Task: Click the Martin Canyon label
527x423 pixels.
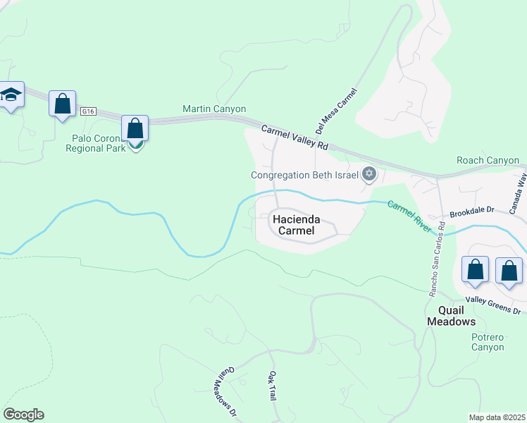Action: point(214,109)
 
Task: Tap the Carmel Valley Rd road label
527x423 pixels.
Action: point(294,137)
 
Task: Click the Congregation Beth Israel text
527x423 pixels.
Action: point(305,176)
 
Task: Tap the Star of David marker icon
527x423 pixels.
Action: point(368,174)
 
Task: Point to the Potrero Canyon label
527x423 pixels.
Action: point(488,342)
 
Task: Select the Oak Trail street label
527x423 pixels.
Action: point(271,386)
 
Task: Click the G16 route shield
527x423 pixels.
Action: point(87,111)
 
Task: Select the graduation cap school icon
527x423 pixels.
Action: point(11,95)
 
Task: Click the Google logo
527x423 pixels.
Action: point(23,415)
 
